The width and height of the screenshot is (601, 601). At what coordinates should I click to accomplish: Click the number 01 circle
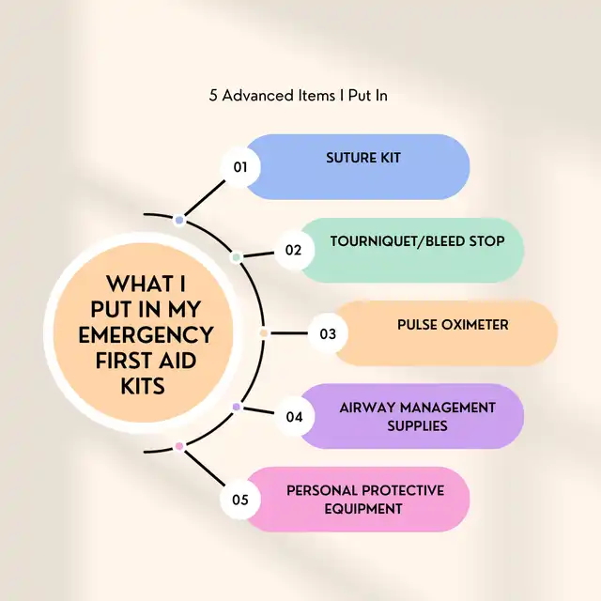click(239, 167)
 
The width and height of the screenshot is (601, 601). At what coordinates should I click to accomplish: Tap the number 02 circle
click(294, 250)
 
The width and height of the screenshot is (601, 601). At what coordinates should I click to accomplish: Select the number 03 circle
click(328, 333)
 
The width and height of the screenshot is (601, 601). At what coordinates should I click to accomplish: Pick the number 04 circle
click(294, 416)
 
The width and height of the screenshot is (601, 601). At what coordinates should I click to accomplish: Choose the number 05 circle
click(239, 499)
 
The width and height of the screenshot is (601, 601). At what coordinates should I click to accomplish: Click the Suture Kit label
click(363, 158)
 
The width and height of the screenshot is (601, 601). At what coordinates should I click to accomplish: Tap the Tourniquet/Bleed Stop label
click(417, 241)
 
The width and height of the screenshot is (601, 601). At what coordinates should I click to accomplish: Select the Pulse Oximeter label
click(453, 325)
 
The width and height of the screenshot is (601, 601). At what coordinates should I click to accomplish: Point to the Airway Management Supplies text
click(416, 416)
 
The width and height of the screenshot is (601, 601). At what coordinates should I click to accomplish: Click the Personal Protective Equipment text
click(364, 499)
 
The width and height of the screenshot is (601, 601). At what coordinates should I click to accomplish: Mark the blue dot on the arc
click(179, 220)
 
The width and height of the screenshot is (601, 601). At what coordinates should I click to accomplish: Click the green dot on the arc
click(237, 256)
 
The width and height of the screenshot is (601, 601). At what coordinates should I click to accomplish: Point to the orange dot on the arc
click(264, 333)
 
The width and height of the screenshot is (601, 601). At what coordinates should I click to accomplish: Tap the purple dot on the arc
click(237, 407)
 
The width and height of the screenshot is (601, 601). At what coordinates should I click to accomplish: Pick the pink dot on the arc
click(179, 447)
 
